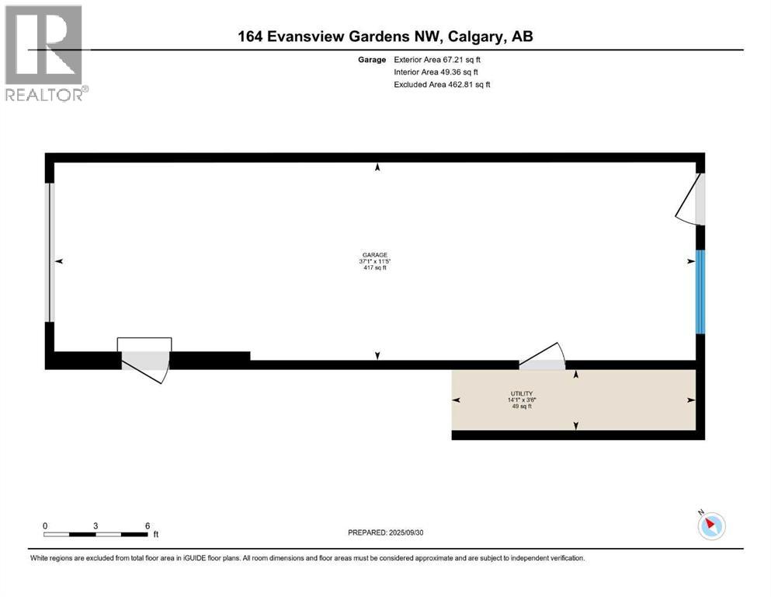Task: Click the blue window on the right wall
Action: coord(700,292)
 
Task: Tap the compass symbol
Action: coord(710,525)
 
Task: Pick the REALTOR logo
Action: coord(44,54)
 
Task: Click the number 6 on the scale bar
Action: coord(147,525)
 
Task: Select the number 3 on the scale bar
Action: coord(96,525)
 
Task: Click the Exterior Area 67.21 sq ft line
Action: coord(442,59)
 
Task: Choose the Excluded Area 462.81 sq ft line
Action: coord(442,84)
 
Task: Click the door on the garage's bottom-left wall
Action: coord(145,362)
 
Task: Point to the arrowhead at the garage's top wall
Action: coord(378,167)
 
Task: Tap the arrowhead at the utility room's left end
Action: coord(456,400)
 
